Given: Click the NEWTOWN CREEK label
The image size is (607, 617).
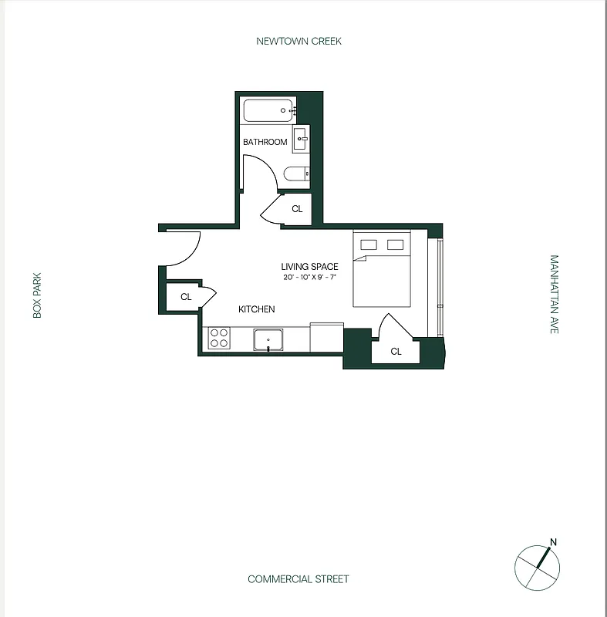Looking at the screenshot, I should click(x=298, y=42).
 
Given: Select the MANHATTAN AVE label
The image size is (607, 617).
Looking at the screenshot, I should click(x=554, y=295).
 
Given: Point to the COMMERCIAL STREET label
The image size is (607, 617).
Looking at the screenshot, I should click(x=298, y=579).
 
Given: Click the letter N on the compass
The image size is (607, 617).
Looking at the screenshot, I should click(x=553, y=541).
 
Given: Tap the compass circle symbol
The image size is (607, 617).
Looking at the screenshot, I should click(x=537, y=568).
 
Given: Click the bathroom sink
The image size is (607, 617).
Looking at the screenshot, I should click(x=301, y=140).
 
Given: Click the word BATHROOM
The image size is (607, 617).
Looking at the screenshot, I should click(x=265, y=142).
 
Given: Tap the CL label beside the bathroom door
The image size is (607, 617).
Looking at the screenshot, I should click(x=297, y=209).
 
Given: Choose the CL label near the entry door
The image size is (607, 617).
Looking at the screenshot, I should click(x=186, y=297).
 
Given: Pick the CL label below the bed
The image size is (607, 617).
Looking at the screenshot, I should click(x=396, y=352).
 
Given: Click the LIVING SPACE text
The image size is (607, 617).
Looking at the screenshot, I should click(x=309, y=267).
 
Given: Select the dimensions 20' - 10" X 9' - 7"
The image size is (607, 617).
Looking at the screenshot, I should click(x=309, y=277).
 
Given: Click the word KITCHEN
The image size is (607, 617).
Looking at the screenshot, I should click(x=256, y=309).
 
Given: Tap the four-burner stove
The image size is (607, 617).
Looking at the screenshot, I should click(x=219, y=338).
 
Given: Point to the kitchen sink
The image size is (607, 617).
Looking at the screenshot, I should click(x=268, y=339).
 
